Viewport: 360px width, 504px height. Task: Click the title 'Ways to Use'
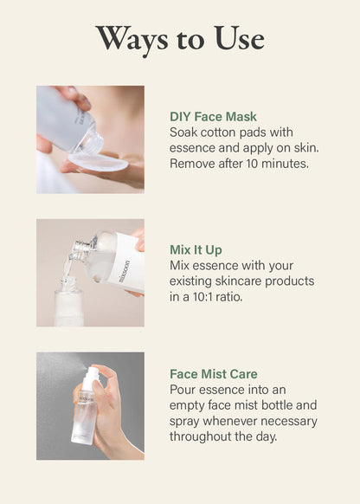coord(180,39)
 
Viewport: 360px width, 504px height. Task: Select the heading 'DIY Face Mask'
coord(213,116)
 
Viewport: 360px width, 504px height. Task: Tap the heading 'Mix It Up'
coord(196,249)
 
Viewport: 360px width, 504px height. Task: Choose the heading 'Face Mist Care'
coord(214,374)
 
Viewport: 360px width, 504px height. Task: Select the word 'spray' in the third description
coord(184,422)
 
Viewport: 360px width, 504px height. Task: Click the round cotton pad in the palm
coord(98,162)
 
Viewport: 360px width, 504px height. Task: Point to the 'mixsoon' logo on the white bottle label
coord(124,271)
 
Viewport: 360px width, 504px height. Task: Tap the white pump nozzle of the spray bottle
coord(92,373)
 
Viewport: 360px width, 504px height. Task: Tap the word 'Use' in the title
coord(239,39)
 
